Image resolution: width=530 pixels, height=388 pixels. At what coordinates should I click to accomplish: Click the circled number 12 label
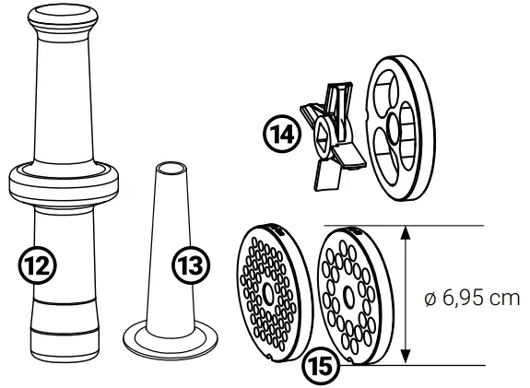click(x=39, y=265)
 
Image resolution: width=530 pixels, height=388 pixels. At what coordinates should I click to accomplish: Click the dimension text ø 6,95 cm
click(x=470, y=298)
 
